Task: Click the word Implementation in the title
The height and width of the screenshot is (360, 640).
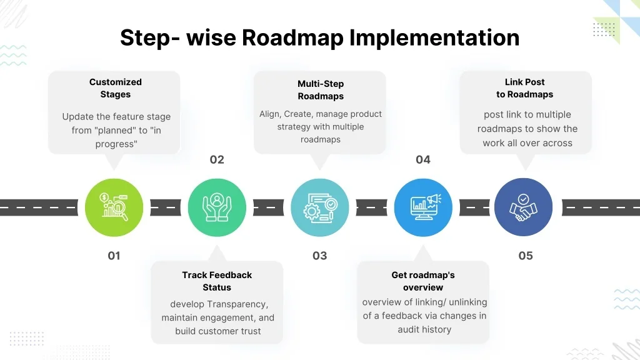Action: pyautogui.click(x=434, y=38)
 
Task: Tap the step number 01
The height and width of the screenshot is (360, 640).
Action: pyautogui.click(x=114, y=256)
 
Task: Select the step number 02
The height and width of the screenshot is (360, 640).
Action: pyautogui.click(x=217, y=160)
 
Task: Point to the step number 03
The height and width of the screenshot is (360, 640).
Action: pyautogui.click(x=319, y=256)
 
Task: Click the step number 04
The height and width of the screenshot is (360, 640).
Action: pyautogui.click(x=423, y=160)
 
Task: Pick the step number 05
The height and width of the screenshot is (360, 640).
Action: pyautogui.click(x=526, y=256)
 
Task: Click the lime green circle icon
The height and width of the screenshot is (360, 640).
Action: pyautogui.click(x=114, y=207)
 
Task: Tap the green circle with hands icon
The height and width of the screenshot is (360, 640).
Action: pyautogui.click(x=217, y=207)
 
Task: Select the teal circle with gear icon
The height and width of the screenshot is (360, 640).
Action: pyautogui.click(x=320, y=207)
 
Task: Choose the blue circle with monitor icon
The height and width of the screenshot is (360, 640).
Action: pyautogui.click(x=423, y=207)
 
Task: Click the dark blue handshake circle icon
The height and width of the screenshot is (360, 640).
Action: pyautogui.click(x=524, y=207)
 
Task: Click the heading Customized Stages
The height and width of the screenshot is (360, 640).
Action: pyautogui.click(x=116, y=88)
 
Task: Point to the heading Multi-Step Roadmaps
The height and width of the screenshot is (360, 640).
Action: pyautogui.click(x=321, y=90)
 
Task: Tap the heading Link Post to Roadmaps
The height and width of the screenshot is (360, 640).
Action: pyautogui.click(x=525, y=88)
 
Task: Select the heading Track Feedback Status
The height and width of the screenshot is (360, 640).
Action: pyautogui.click(x=217, y=281)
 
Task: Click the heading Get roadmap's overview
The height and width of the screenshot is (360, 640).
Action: pyautogui.click(x=423, y=281)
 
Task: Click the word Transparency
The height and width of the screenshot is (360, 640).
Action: pyautogui.click(x=237, y=304)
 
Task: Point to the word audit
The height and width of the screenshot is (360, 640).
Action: pyautogui.click(x=410, y=329)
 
